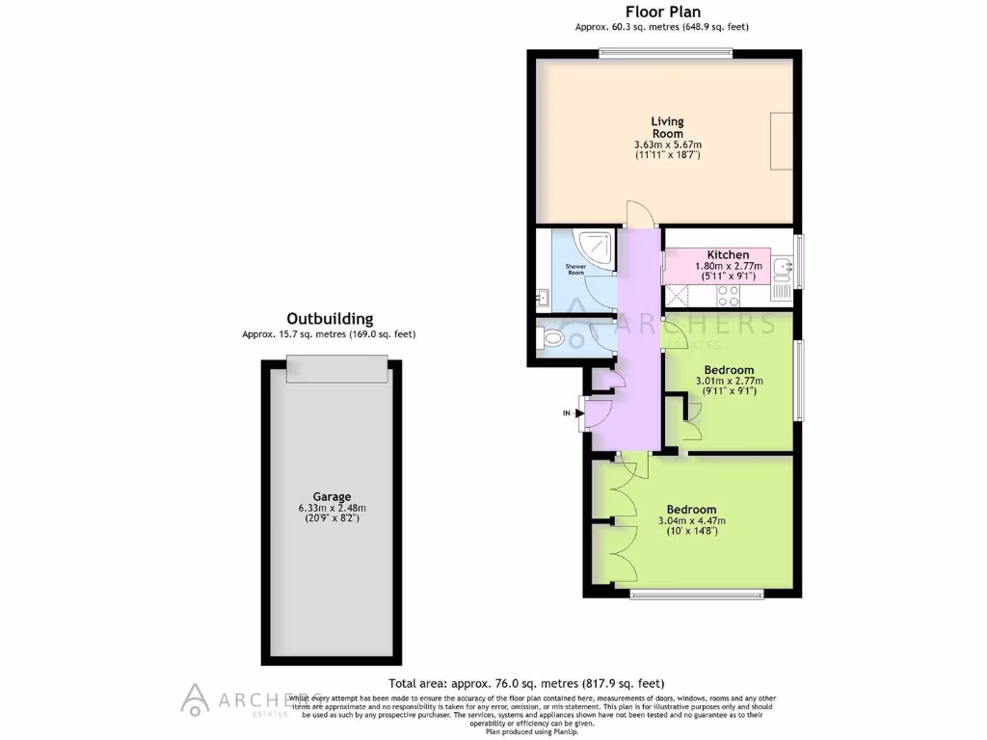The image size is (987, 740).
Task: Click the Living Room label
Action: [667, 127]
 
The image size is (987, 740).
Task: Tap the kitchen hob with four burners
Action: [729, 297]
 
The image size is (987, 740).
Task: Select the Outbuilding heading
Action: [330, 319]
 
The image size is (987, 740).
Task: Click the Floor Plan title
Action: [662, 12]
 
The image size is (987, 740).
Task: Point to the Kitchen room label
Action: [728, 255]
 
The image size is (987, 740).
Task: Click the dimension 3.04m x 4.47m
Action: [691, 521]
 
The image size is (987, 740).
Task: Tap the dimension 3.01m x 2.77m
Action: [728, 381]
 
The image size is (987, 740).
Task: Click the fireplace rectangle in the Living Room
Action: [781, 141]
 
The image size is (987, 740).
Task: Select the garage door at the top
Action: [337, 368]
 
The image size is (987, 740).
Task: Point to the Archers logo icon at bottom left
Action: [196, 699]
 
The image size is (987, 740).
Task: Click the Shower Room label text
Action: [575, 270]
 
